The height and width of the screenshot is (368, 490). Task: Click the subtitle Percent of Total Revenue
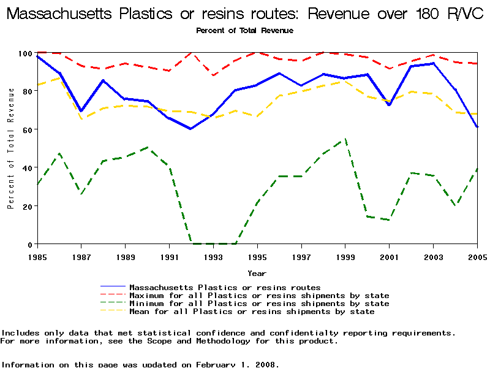[244, 30]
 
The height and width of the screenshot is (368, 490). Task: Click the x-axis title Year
[257, 273]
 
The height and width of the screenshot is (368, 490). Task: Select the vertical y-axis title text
[11, 148]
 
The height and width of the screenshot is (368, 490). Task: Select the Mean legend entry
[252, 312]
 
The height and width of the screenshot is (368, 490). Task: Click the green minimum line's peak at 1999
[345, 139]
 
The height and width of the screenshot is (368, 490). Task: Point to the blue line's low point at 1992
[191, 129]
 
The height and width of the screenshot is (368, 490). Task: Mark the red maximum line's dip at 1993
[213, 75]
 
